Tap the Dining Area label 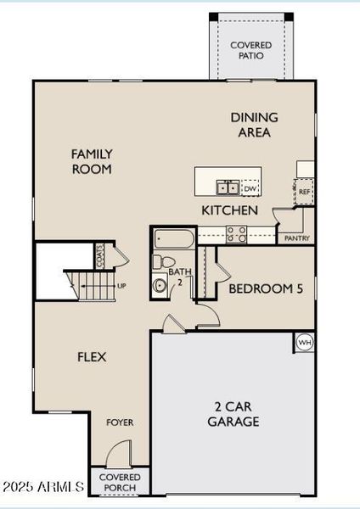pos(254,125)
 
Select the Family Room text pos(92,161)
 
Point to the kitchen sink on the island pos(227,187)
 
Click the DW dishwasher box pos(250,188)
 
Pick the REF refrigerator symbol pos(304,192)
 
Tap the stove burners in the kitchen pos(235,235)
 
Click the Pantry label pos(296,238)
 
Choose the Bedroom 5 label pos(266,288)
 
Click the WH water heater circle pos(305,343)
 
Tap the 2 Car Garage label pos(233,414)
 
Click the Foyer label pos(120,422)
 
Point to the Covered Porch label pos(120,482)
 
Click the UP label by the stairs pos(121,286)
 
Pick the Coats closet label pos(100,255)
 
